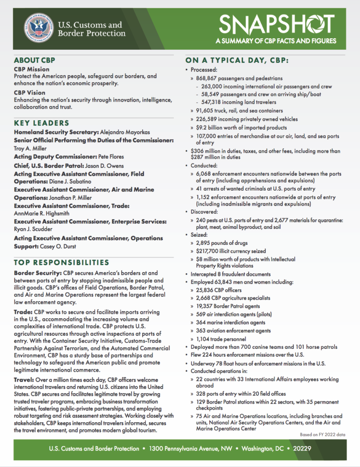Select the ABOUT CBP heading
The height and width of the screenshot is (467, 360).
pyautogui.click(x=35, y=60)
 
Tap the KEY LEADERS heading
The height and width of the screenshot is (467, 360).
pyautogui.click(x=41, y=123)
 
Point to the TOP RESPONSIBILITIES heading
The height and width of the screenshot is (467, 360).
pyautogui.click(x=62, y=262)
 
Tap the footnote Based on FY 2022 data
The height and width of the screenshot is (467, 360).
pyautogui.click(x=322, y=435)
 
